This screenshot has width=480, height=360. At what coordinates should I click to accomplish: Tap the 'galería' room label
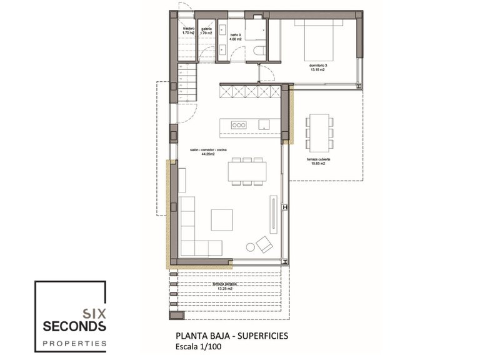tap(207, 29)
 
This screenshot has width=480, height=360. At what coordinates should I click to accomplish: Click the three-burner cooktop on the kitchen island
tap(239, 124)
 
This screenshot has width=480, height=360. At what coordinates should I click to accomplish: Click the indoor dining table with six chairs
tap(247, 171)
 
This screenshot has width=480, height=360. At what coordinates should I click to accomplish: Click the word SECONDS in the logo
tap(74, 327)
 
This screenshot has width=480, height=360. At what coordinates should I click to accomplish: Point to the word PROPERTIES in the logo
tap(74, 343)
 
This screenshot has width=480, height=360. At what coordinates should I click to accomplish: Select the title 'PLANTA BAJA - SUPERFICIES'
tap(231, 335)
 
